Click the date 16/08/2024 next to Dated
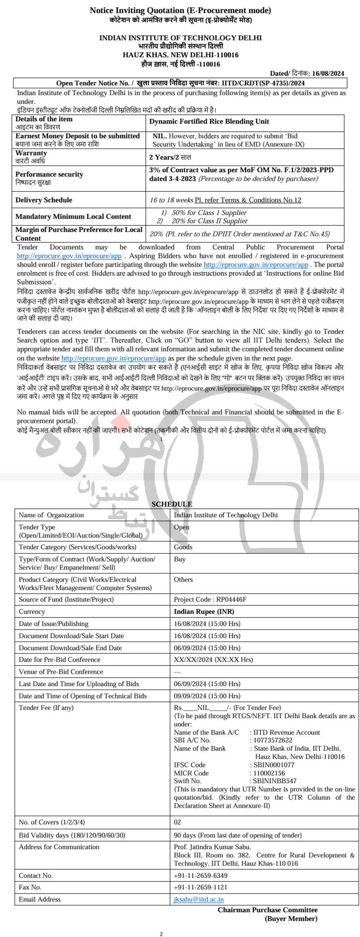pos(327,73)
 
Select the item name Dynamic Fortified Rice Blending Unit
pos(209,122)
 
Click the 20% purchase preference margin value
pos(156,234)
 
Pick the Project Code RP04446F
pos(210,600)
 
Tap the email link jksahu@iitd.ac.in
pos(198,900)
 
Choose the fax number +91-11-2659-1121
pos(200,888)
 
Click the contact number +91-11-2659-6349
pos(200,876)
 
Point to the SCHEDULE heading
pos(172,504)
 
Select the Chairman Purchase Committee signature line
pos(267,910)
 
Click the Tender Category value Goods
pos(183,547)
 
